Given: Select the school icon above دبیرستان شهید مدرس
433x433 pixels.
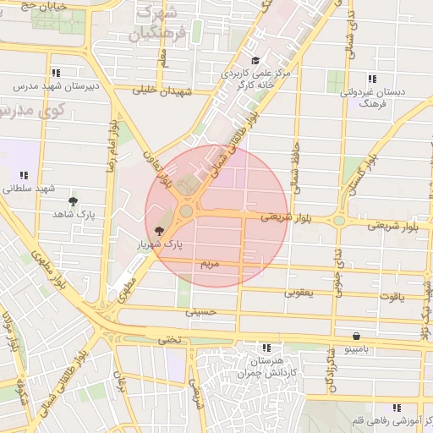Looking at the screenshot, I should (56, 73).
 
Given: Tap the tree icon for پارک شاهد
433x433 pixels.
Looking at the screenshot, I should (74, 201).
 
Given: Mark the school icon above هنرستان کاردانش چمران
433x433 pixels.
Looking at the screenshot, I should (267, 348).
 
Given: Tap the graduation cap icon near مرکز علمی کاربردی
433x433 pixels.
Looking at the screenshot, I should (255, 60).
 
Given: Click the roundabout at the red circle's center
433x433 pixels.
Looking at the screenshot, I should (185, 211).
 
